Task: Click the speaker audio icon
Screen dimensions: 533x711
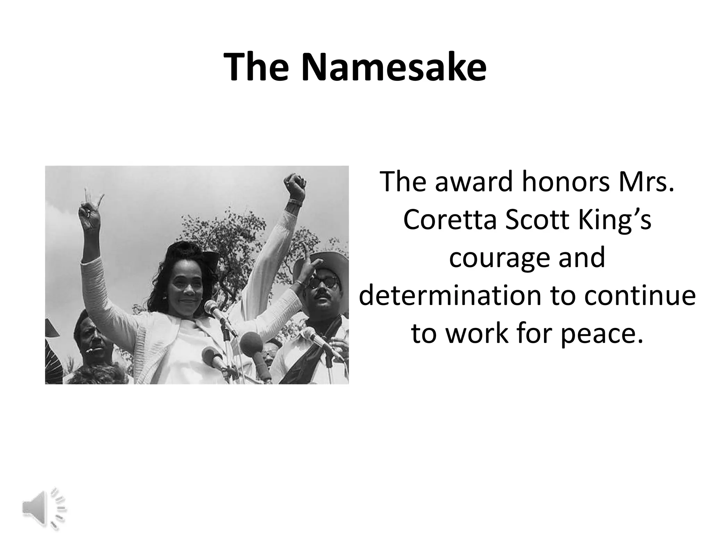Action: tap(44, 509)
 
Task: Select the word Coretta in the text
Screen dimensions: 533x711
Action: tap(450, 220)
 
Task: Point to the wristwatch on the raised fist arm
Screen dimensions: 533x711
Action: tap(293, 201)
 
